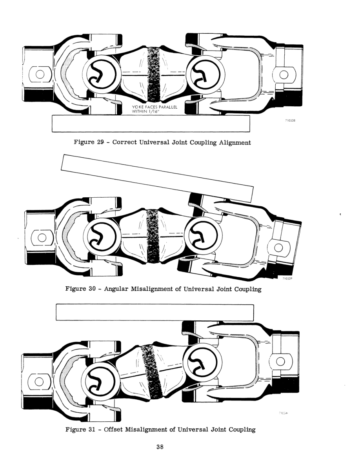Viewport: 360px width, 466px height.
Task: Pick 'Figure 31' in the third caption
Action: pyautogui.click(x=81, y=430)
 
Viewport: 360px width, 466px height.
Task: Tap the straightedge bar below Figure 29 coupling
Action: pyautogui.click(x=151, y=124)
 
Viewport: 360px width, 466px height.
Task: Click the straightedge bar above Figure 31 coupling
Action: pyautogui.click(x=155, y=313)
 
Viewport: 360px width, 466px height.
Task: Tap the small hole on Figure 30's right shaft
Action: pyautogui.click(x=279, y=248)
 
